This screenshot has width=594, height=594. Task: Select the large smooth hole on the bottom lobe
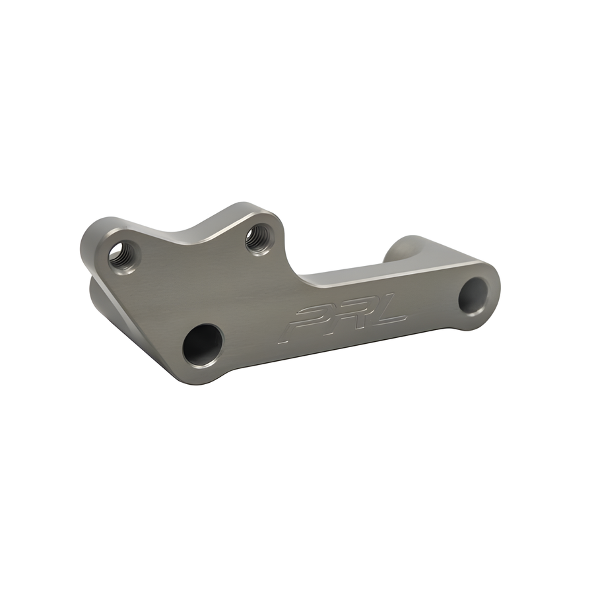tap(202, 345)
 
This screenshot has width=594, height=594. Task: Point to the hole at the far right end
tap(475, 295)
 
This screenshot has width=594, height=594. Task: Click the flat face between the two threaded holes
tap(191, 257)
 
